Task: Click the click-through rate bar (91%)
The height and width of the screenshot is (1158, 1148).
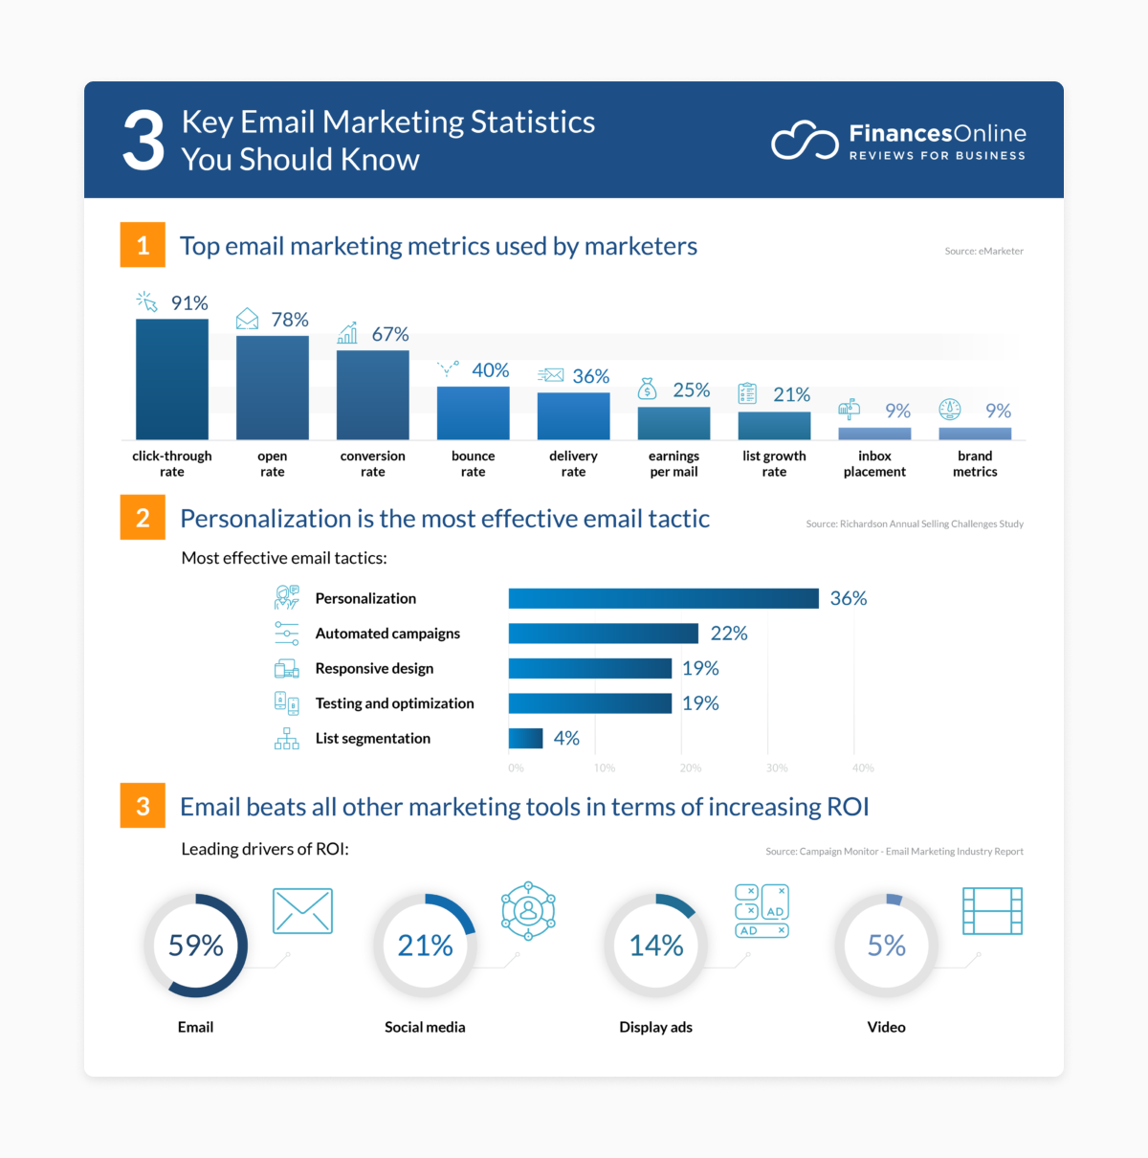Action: coord(172,379)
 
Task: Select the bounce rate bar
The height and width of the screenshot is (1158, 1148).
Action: coord(473,412)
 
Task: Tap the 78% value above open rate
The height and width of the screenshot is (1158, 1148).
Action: coord(290,320)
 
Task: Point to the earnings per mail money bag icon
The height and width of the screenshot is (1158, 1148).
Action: coord(648,389)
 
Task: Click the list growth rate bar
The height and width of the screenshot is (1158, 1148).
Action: coord(774,425)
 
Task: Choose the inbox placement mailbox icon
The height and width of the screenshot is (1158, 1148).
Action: coord(849,410)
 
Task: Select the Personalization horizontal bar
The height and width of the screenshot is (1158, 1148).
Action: coord(663,598)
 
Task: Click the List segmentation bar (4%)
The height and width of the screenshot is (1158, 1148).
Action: coord(525,738)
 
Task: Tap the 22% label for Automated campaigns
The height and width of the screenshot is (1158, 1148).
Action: coord(729,634)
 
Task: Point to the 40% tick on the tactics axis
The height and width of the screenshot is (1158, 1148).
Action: coord(863,768)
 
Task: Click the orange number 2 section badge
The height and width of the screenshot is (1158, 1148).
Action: coord(143,518)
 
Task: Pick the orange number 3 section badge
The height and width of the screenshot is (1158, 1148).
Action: coord(143,806)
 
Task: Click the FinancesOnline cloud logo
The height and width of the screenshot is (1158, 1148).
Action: coord(805,141)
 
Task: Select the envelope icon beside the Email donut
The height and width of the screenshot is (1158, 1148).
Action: coord(302,910)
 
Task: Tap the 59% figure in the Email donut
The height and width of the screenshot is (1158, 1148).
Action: coord(195,946)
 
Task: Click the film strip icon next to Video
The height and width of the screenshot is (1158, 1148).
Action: coord(992,910)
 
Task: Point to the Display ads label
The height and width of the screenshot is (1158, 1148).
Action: coord(655,1027)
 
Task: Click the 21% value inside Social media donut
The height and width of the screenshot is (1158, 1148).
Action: coord(425,946)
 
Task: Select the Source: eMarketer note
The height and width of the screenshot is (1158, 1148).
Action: coord(983,252)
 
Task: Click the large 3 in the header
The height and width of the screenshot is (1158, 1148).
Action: coord(143,142)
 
